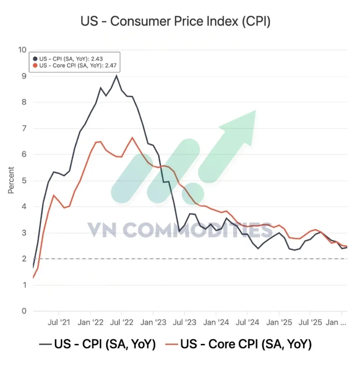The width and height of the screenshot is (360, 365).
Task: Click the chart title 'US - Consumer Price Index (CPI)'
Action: pyautogui.click(x=175, y=21)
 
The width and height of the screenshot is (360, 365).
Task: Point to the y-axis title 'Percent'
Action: pyautogui.click(x=11, y=180)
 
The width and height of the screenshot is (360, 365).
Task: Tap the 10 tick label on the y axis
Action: pyautogui.click(x=22, y=50)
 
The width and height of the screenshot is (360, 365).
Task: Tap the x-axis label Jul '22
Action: pyautogui.click(x=121, y=322)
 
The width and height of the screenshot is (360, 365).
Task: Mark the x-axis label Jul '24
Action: pyautogui.click(x=247, y=322)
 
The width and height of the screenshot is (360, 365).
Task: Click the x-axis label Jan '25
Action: pyautogui.click(x=279, y=322)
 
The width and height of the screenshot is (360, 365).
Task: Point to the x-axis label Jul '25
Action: pyautogui.click(x=310, y=322)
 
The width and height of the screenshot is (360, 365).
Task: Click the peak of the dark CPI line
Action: pyautogui.click(x=117, y=76)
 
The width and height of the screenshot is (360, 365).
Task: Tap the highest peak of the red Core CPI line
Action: pyautogui.click(x=132, y=137)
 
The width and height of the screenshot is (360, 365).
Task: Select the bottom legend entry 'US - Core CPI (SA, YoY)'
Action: pyautogui.click(x=245, y=345)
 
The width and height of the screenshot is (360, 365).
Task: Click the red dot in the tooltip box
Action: pyautogui.click(x=36, y=65)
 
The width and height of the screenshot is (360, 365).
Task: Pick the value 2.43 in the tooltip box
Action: pyautogui.click(x=111, y=59)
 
